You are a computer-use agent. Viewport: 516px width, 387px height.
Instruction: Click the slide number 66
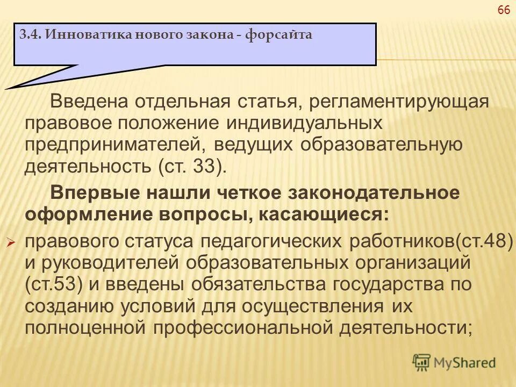pos(504,11)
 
